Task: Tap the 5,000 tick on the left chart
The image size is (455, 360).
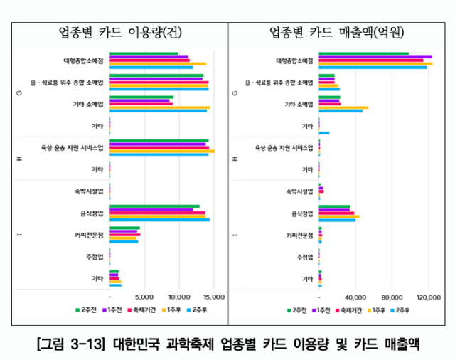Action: (x=144, y=297)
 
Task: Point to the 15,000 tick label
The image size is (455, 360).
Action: (x=213, y=297)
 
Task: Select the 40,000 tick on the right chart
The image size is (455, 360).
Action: (x=356, y=297)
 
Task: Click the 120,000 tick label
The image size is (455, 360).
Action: (x=429, y=297)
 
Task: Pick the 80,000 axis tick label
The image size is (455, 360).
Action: (x=392, y=297)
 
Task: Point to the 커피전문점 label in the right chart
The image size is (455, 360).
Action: (x=299, y=235)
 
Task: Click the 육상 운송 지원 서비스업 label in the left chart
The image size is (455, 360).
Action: (x=73, y=148)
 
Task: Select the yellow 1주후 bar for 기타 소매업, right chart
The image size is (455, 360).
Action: (x=343, y=107)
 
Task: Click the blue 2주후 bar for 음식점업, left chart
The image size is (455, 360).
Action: (x=159, y=220)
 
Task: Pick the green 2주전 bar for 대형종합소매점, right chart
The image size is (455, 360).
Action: (x=363, y=53)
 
